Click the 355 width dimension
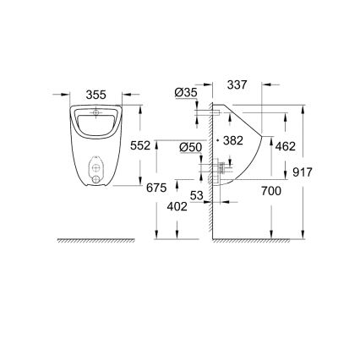(98, 95)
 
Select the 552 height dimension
(140, 145)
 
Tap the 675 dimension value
(156, 188)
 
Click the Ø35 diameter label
(187, 92)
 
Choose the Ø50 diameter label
(190, 148)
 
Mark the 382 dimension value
(232, 141)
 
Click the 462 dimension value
(286, 146)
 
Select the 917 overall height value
(303, 172)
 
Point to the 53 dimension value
(197, 197)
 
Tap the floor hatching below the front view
(95, 241)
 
